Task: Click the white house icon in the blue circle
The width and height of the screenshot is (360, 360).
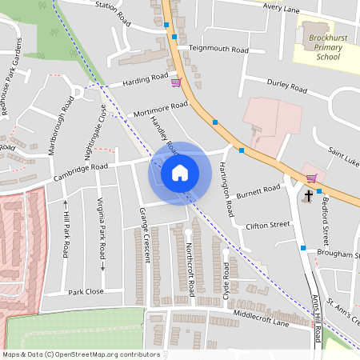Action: pyautogui.click(x=180, y=172)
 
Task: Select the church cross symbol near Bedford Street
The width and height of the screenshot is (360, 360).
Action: pyautogui.click(x=309, y=194)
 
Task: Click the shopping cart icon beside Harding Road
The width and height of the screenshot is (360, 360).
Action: pyautogui.click(x=176, y=81)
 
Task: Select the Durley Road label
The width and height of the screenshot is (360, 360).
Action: pyautogui.click(x=287, y=87)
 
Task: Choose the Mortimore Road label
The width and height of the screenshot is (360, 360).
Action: pyautogui.click(x=161, y=109)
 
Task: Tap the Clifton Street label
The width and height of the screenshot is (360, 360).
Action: pyautogui.click(x=267, y=226)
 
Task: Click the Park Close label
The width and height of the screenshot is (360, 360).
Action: pyautogui.click(x=86, y=292)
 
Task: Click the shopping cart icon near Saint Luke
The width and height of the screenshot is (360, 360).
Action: pyautogui.click(x=310, y=178)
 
